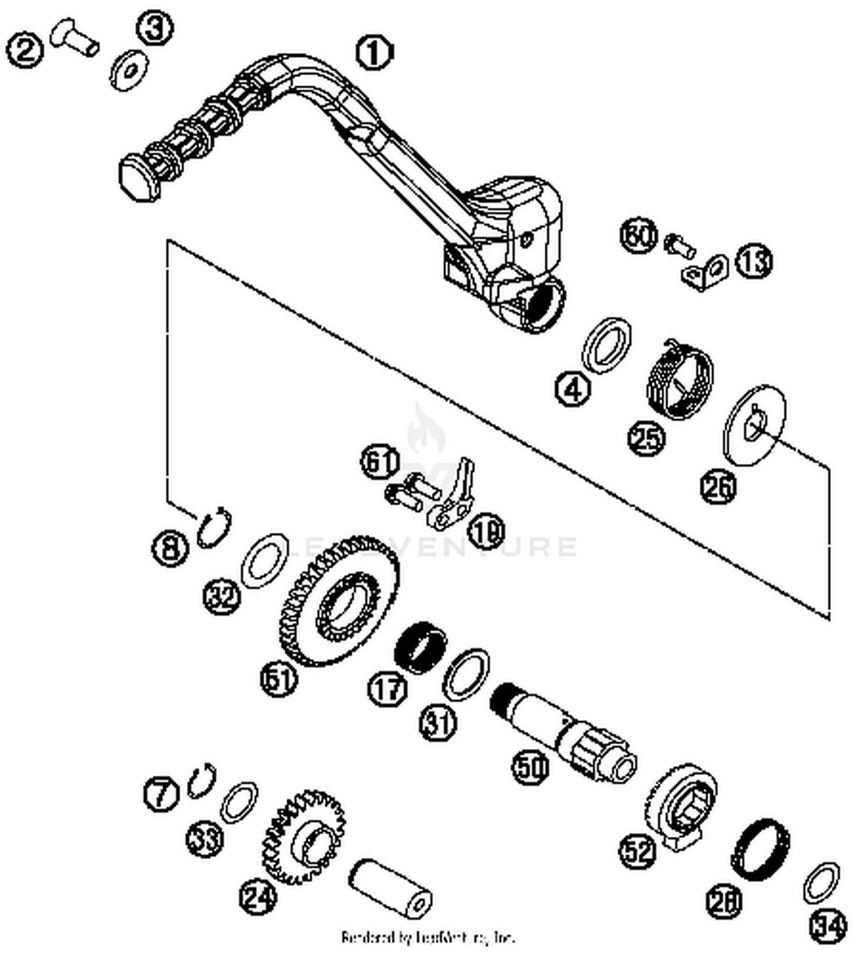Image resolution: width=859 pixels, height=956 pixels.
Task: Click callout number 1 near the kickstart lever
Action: (x=375, y=53)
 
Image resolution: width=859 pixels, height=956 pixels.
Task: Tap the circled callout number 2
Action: (x=25, y=50)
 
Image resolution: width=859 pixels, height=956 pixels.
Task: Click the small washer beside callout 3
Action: (x=129, y=70)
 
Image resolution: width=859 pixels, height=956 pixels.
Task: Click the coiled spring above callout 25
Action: (x=680, y=378)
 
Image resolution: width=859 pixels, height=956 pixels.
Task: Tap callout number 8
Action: (x=170, y=548)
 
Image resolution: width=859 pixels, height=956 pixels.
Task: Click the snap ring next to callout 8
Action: (x=214, y=526)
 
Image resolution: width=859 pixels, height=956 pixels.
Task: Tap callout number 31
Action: (x=439, y=723)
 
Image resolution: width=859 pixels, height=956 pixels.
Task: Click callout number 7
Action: (x=161, y=794)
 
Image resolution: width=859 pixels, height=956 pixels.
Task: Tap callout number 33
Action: (x=205, y=839)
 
